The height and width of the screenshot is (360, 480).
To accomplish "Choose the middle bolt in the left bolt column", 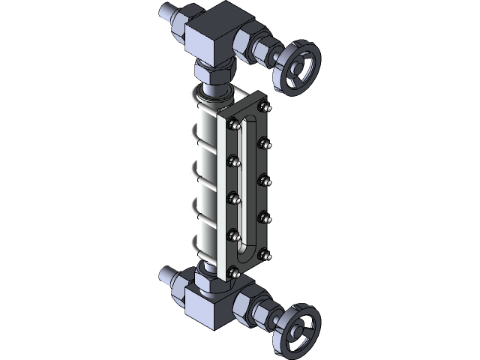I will click(235, 196).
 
